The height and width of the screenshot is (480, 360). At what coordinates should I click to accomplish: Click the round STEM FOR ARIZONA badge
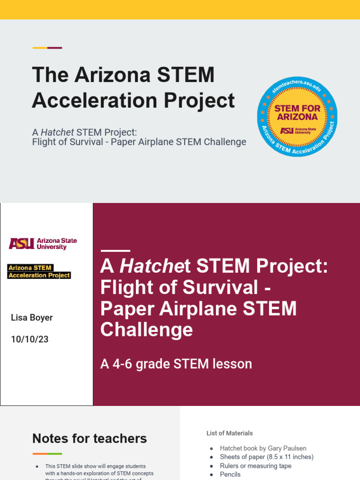(x=297, y=117)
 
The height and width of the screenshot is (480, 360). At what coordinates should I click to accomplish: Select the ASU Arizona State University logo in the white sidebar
(x=43, y=243)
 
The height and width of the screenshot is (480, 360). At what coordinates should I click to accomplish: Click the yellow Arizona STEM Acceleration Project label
(x=39, y=271)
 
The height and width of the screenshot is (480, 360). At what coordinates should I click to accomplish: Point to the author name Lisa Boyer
(x=32, y=317)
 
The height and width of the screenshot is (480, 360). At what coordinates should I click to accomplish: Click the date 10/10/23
(x=30, y=339)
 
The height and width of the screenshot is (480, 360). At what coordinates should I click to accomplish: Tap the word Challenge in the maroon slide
(x=146, y=330)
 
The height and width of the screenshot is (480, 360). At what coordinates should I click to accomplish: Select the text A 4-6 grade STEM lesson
(x=176, y=364)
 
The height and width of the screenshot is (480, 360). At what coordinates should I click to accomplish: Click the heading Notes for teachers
(x=90, y=438)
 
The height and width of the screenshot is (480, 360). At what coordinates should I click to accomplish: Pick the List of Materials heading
(x=230, y=433)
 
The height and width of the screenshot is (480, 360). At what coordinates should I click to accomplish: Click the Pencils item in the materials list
(x=230, y=474)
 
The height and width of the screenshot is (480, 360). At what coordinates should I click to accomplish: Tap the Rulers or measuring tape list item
(x=255, y=466)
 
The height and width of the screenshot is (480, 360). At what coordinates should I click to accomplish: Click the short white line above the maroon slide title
(x=115, y=251)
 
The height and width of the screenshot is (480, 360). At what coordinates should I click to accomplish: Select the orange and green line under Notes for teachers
(x=47, y=454)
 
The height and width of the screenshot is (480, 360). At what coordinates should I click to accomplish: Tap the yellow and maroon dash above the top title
(x=47, y=48)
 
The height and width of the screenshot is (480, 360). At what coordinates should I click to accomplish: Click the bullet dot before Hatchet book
(x=211, y=449)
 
